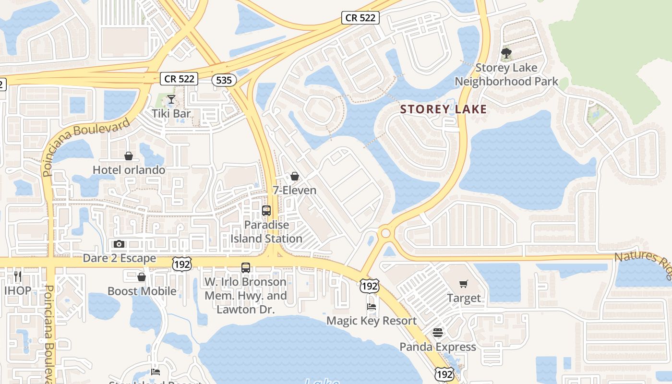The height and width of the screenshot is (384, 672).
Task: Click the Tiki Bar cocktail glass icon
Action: pyautogui.click(x=171, y=99)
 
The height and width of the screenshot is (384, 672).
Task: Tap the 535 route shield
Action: pyautogui.click(x=224, y=80)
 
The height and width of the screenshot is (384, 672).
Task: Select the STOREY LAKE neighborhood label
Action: pyautogui.click(x=444, y=109)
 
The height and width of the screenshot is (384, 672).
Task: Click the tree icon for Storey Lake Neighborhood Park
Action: pyautogui.click(x=506, y=53)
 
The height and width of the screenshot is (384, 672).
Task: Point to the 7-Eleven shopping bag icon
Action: pyautogui.click(x=295, y=176)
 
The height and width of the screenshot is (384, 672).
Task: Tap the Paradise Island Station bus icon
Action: pyautogui.click(x=266, y=210)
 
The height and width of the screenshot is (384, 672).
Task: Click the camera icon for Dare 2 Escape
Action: pyautogui.click(x=119, y=244)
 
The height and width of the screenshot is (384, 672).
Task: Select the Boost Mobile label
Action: pyautogui.click(x=142, y=291)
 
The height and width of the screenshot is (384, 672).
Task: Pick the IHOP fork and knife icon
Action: pyautogui.click(x=18, y=276)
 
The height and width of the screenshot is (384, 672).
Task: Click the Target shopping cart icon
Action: pyautogui.click(x=464, y=284)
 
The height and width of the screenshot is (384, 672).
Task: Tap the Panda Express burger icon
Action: pyautogui.click(x=437, y=332)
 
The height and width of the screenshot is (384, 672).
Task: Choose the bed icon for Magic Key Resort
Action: pyautogui.click(x=371, y=306)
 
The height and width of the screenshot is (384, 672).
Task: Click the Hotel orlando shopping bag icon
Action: pyautogui.click(x=129, y=156)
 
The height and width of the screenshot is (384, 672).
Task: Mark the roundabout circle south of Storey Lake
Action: pyautogui.click(x=385, y=233)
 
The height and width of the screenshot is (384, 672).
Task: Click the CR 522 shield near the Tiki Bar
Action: pyautogui.click(x=179, y=79)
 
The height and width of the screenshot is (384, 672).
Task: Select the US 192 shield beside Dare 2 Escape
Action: pyautogui.click(x=183, y=264)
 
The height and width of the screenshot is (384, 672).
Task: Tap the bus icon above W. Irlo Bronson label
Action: pyautogui.click(x=246, y=268)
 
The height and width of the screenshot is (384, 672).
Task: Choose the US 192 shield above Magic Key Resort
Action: pyautogui.click(x=370, y=286)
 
